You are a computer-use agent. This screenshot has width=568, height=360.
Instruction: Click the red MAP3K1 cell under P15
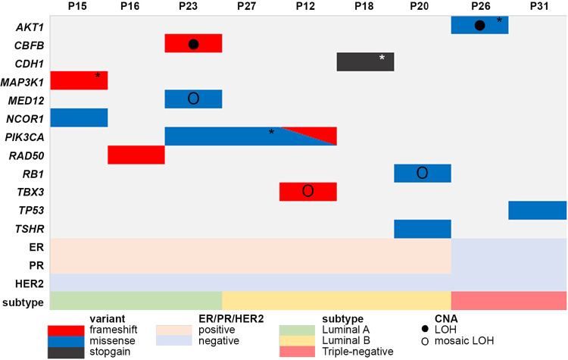click(x=79, y=80)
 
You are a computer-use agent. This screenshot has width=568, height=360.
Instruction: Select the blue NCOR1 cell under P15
click(x=79, y=117)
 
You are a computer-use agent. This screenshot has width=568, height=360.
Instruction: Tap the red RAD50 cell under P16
click(x=136, y=155)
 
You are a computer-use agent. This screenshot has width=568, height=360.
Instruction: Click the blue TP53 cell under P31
click(x=537, y=210)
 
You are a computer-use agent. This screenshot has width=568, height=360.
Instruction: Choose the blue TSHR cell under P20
click(x=423, y=228)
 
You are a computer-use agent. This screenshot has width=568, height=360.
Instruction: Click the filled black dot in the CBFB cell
click(x=193, y=44)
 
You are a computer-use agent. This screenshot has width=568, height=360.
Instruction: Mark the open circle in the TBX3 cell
click(x=307, y=191)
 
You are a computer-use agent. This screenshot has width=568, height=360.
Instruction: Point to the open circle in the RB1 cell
click(x=423, y=173)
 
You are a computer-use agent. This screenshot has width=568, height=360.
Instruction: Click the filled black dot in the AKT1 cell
click(x=479, y=26)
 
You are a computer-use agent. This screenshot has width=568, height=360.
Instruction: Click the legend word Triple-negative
click(x=358, y=352)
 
